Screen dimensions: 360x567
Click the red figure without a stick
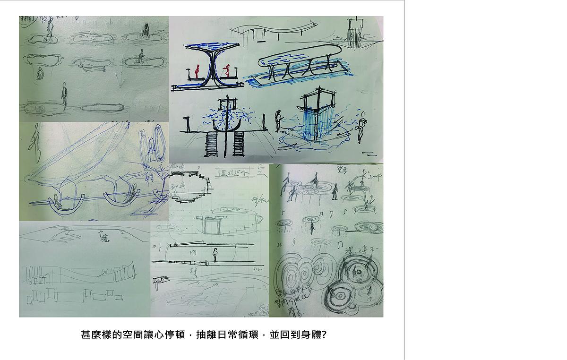(197, 71)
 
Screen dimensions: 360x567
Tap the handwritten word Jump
(376, 176)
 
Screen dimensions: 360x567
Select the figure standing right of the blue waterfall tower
(362, 126)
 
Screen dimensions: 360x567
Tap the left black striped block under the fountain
(211, 144)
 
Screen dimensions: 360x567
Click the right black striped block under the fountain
(238, 144)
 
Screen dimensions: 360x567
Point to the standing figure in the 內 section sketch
(215, 256)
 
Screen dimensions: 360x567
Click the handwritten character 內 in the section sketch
(192, 254)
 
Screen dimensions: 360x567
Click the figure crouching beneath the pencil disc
(40, 73)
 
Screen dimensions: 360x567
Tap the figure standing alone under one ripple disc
(312, 228)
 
